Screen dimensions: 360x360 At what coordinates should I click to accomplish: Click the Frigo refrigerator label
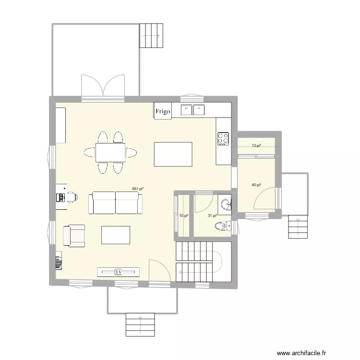(x=163, y=111)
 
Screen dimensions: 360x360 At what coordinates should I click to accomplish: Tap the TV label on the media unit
(x=119, y=272)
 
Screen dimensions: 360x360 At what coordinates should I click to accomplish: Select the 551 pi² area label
(x=138, y=189)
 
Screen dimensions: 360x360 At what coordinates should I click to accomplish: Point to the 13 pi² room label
(x=256, y=145)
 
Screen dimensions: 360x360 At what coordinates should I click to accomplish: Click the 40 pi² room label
(x=256, y=185)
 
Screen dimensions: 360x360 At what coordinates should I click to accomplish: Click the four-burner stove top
(x=223, y=138)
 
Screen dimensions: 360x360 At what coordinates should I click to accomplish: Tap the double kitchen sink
(x=192, y=110)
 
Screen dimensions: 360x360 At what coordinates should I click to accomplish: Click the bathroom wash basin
(x=226, y=204)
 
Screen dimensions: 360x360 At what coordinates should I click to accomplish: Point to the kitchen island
(x=173, y=154)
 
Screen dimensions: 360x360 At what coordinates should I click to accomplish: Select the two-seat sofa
(x=116, y=203)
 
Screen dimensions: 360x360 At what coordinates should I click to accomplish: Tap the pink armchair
(x=74, y=236)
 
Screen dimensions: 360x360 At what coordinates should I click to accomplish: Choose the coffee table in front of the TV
(x=116, y=235)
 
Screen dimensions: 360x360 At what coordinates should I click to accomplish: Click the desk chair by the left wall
(x=72, y=196)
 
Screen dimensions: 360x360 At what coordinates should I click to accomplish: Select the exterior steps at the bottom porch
(x=140, y=325)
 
